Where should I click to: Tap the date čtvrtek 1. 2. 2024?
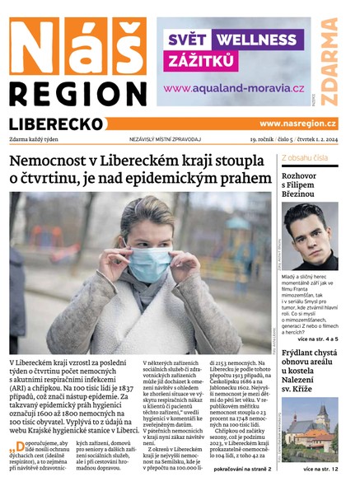coord(312,139)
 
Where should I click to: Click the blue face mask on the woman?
coord(153,266)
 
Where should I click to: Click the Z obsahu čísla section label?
coord(305,157)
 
